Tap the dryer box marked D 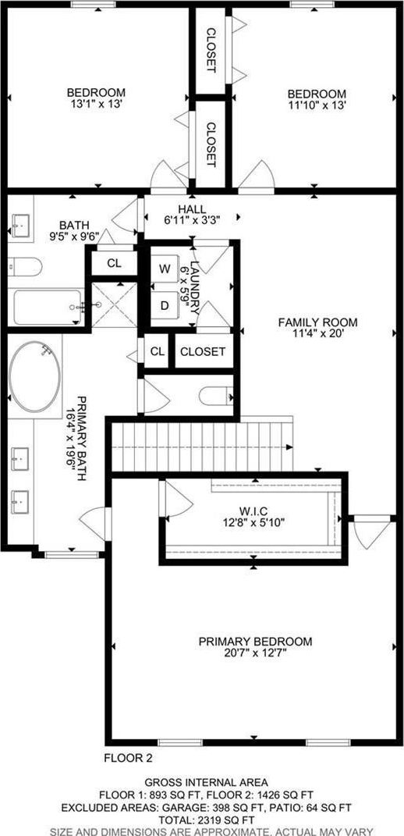point(165,306)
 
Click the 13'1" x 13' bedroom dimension point(96,105)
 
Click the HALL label point(193,208)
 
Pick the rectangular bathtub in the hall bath point(48,307)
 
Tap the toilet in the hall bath point(24,267)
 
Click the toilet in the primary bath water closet point(216,396)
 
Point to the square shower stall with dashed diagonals point(115,305)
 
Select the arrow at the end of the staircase point(289,446)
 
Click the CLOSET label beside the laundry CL point(203,351)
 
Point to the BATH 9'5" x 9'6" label point(74,230)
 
